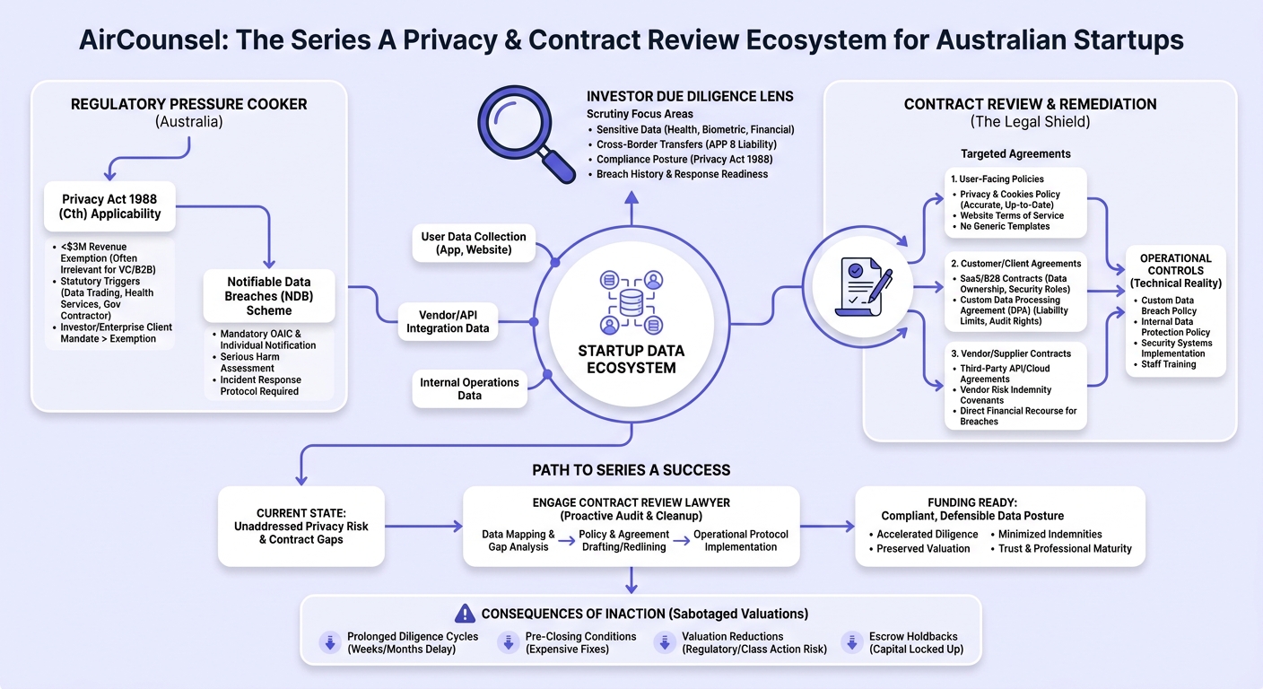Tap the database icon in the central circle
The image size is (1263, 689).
pyautogui.click(x=631, y=302)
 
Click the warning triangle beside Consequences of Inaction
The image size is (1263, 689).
pyautogui.click(x=465, y=614)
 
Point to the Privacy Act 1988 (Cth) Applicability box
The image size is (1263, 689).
pyautogui.click(x=110, y=206)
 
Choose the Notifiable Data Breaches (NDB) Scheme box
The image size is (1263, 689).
pyautogui.click(x=269, y=296)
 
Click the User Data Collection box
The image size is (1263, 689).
pyautogui.click(x=474, y=244)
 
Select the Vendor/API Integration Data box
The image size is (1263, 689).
pyautogui.click(x=449, y=322)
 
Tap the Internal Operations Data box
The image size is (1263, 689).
pyautogui.click(x=470, y=389)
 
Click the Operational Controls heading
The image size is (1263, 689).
pyautogui.click(x=1176, y=271)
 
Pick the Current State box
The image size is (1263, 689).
pyautogui.click(x=301, y=527)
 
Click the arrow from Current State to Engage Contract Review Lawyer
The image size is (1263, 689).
pyautogui.click(x=423, y=527)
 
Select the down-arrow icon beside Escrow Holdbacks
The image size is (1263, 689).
pyautogui.click(x=852, y=642)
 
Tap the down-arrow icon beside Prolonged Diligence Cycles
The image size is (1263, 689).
pyautogui.click(x=330, y=642)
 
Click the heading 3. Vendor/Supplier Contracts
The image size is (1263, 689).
pyautogui.click(x=1011, y=353)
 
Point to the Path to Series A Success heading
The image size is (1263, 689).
pyautogui.click(x=631, y=470)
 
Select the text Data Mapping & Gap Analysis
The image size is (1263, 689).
pyautogui.click(x=518, y=540)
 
